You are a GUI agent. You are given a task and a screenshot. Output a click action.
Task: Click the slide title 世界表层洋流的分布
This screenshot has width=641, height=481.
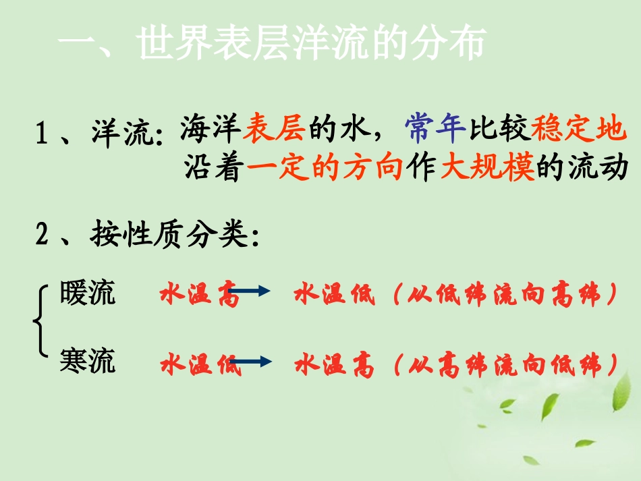point(310,45)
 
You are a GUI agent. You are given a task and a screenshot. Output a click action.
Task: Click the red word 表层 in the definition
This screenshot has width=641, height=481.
point(275,128)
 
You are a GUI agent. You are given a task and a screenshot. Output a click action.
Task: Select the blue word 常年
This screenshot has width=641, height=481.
point(435,128)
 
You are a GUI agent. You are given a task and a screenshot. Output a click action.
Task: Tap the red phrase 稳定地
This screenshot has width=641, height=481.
point(578,128)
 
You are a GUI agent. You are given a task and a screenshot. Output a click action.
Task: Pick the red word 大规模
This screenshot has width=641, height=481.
point(487,169)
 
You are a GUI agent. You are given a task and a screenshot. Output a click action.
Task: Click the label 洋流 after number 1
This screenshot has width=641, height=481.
point(122,133)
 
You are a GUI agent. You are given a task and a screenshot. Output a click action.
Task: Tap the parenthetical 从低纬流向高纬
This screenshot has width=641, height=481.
point(506,295)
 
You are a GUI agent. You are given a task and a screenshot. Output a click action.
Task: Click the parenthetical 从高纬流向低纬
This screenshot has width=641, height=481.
point(506,366)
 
